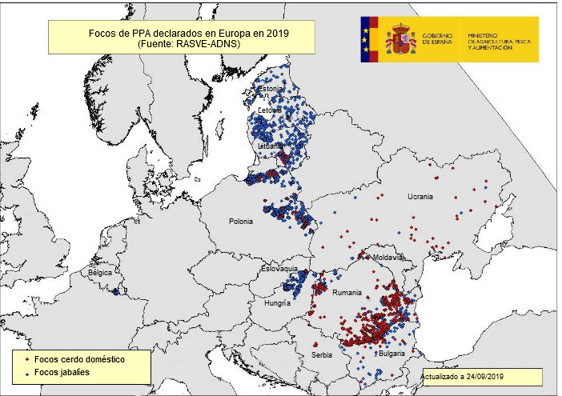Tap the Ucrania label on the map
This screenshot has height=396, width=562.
pos(419,197)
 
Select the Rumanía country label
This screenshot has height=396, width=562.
pos(347,293)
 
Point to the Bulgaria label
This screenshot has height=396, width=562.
pos(391,353)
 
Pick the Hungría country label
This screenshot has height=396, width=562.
pos(276,303)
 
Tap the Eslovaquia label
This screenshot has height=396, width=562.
pos(279,269)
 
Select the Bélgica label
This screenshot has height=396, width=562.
pos(100,273)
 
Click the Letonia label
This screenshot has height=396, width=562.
pos(270,110)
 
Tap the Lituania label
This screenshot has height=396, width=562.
pos(270,146)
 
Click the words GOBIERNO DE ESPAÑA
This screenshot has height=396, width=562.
pos(437,39)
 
